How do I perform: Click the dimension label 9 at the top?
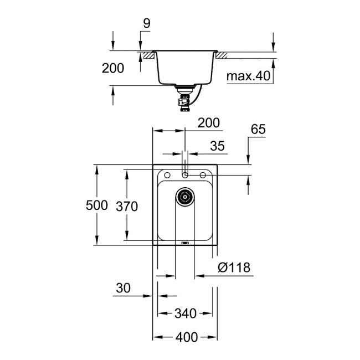[146, 24]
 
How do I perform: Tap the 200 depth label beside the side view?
[113, 68]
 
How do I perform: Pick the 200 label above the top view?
[209, 123]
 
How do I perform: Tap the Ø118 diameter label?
[234, 268]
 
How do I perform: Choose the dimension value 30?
[124, 288]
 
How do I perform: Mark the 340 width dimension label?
[185, 314]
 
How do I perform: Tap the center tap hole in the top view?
[186, 176]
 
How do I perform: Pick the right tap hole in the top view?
[203, 176]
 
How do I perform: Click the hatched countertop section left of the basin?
[147, 55]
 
